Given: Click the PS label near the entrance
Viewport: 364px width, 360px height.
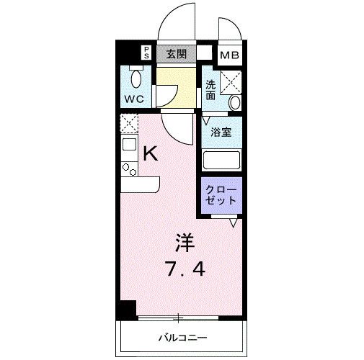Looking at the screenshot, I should pos(146,52).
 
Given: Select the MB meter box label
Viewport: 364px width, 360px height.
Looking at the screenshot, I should pos(230,54).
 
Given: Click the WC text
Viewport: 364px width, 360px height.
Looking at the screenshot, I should pos(135,97).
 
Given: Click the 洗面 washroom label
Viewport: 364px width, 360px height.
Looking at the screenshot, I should pos(211,89).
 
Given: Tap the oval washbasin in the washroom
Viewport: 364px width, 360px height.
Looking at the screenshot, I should pos(235,103).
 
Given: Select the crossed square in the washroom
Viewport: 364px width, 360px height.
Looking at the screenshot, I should pos(231,81).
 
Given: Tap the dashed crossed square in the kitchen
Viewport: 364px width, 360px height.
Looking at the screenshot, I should pos(129,123).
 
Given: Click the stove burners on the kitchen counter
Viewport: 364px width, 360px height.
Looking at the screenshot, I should pos(129,169).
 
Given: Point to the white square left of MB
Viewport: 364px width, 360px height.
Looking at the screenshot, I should pos(205,53).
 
